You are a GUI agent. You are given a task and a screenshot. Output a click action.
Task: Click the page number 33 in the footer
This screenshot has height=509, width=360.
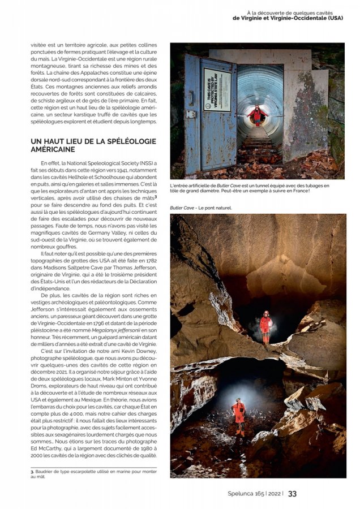click(x=292, y=493)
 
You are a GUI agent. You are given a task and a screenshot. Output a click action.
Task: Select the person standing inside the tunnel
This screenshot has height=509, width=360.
click(x=258, y=115)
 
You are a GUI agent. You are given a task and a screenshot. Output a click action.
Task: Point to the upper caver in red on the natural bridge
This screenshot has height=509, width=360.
click(x=265, y=326)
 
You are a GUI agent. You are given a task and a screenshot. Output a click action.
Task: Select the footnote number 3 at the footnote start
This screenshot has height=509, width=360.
click(x=32, y=472)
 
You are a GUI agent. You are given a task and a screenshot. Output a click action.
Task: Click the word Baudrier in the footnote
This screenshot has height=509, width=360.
click(x=46, y=472)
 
